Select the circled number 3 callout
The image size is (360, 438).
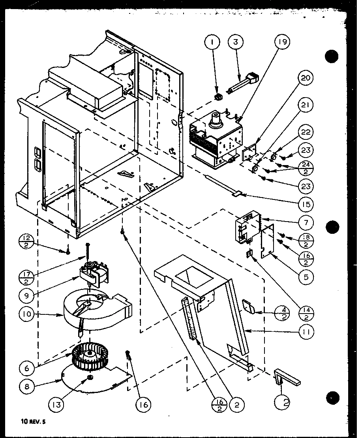point(237,42)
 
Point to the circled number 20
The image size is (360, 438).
point(306,79)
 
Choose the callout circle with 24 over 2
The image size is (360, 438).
point(306,169)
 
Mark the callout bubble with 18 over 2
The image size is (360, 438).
point(306,240)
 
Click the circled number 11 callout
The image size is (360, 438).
point(306,333)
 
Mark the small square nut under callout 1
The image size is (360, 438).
point(217,96)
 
